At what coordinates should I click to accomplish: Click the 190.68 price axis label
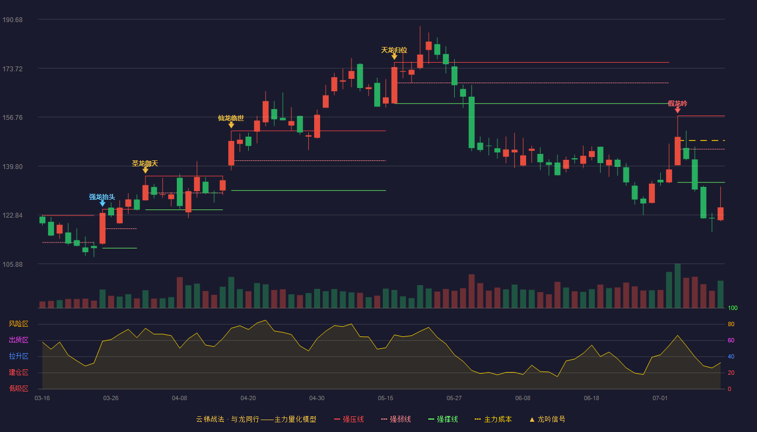tap(12, 20)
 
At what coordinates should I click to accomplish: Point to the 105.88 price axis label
tap(12, 264)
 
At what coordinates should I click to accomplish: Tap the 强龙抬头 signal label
tap(102, 197)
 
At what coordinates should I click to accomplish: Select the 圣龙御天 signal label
tap(145, 163)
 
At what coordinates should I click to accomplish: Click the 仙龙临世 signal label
tap(231, 118)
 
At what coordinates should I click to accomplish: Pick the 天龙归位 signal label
tap(394, 50)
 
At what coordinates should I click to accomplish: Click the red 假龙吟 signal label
tap(678, 103)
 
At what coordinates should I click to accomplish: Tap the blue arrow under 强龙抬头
tap(102, 204)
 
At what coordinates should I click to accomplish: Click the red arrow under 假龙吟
tap(678, 110)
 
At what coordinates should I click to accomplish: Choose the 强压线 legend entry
tap(349, 419)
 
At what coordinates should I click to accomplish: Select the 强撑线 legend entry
tap(443, 419)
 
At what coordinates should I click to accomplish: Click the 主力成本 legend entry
tap(493, 419)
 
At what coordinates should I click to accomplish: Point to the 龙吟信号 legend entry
tap(547, 419)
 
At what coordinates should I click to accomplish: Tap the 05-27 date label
tap(454, 399)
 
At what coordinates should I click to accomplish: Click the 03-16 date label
tap(42, 399)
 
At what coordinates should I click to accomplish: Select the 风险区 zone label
tap(18, 323)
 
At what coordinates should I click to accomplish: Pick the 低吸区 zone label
tap(18, 388)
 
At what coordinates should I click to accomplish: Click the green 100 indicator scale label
tap(733, 308)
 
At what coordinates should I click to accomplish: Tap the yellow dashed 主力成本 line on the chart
tap(702, 140)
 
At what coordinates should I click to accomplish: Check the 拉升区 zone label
tap(18, 356)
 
